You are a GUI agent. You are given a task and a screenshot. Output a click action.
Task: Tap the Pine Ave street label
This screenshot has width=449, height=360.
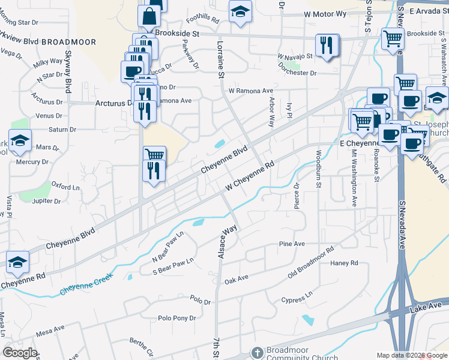[x=292, y=244]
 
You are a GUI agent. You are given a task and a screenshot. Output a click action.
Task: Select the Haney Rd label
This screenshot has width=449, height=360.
[x=344, y=263]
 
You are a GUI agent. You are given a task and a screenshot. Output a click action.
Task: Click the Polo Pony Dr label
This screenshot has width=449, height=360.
[x=176, y=319]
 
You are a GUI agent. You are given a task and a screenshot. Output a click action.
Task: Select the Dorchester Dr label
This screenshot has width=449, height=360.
[x=297, y=73]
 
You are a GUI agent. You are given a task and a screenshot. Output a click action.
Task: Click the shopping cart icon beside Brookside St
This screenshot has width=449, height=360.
[x=393, y=39]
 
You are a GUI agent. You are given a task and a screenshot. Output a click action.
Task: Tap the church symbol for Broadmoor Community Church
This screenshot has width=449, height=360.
[x=257, y=352]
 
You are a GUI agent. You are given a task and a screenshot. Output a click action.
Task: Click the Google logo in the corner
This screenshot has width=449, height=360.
[x=20, y=352]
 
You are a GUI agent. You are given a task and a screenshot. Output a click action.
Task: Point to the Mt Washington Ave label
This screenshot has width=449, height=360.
[x=354, y=179]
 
